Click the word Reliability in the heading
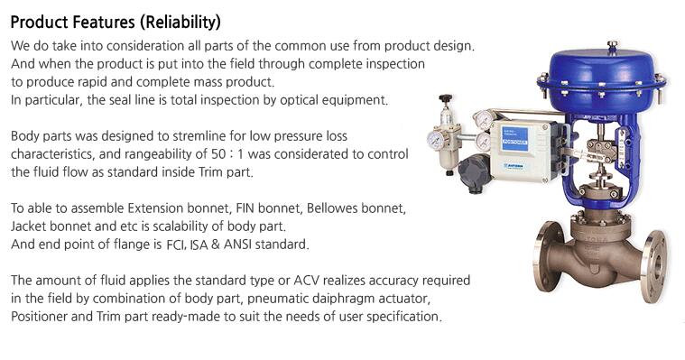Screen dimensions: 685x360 (x=181, y=22)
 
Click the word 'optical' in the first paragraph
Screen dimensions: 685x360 (x=300, y=100)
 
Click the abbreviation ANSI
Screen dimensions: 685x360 (x=237, y=245)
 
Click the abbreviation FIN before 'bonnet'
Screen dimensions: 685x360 (x=245, y=208)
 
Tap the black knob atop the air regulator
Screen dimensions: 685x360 (x=446, y=97)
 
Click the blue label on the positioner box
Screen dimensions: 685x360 (x=515, y=138)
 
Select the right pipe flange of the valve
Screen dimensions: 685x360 (x=653, y=266)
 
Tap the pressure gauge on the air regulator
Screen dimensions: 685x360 (x=436, y=139)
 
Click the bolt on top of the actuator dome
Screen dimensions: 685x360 (x=613, y=45)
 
